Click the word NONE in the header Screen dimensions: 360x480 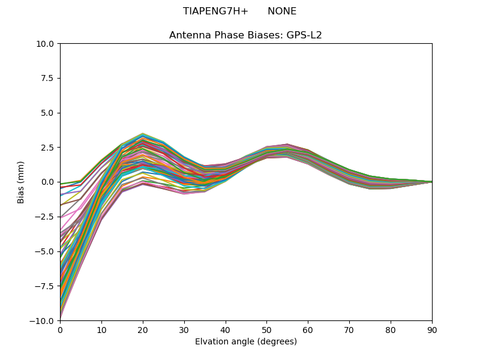pyautogui.click(x=282, y=11)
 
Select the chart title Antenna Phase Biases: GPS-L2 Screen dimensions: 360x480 pyautogui.click(x=245, y=35)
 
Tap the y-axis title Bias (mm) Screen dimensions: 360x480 pyautogui.click(x=21, y=182)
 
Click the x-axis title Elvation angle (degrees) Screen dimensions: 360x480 pyautogui.click(x=245, y=342)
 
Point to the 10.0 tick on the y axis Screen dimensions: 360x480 pyautogui.click(x=47, y=44)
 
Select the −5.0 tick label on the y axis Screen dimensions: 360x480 pyautogui.click(x=46, y=251)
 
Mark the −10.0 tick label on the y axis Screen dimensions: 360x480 pyautogui.click(x=43, y=320)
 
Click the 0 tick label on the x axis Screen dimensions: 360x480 pyautogui.click(x=60, y=330)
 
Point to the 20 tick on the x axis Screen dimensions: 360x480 pyautogui.click(x=143, y=330)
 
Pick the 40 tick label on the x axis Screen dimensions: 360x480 pyautogui.click(x=226, y=330)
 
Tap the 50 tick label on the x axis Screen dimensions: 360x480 pyautogui.click(x=266, y=330)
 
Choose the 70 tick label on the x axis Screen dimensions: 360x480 pyautogui.click(x=349, y=330)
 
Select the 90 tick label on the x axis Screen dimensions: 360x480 pyautogui.click(x=432, y=330)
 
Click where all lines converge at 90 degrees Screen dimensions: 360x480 pyautogui.click(x=431, y=182)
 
